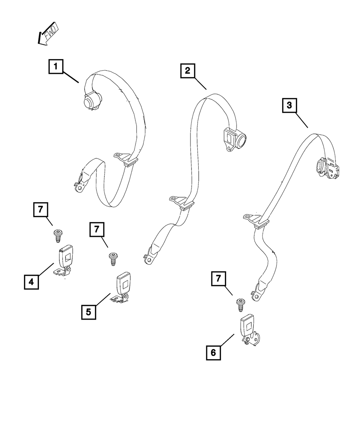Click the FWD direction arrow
tap(48, 35)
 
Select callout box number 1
tap(56, 67)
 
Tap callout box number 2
tap(187, 71)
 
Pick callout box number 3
tap(289, 107)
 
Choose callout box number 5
tap(89, 311)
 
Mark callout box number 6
tap(213, 352)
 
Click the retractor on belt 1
tap(91, 100)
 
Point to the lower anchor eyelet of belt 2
tap(149, 260)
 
